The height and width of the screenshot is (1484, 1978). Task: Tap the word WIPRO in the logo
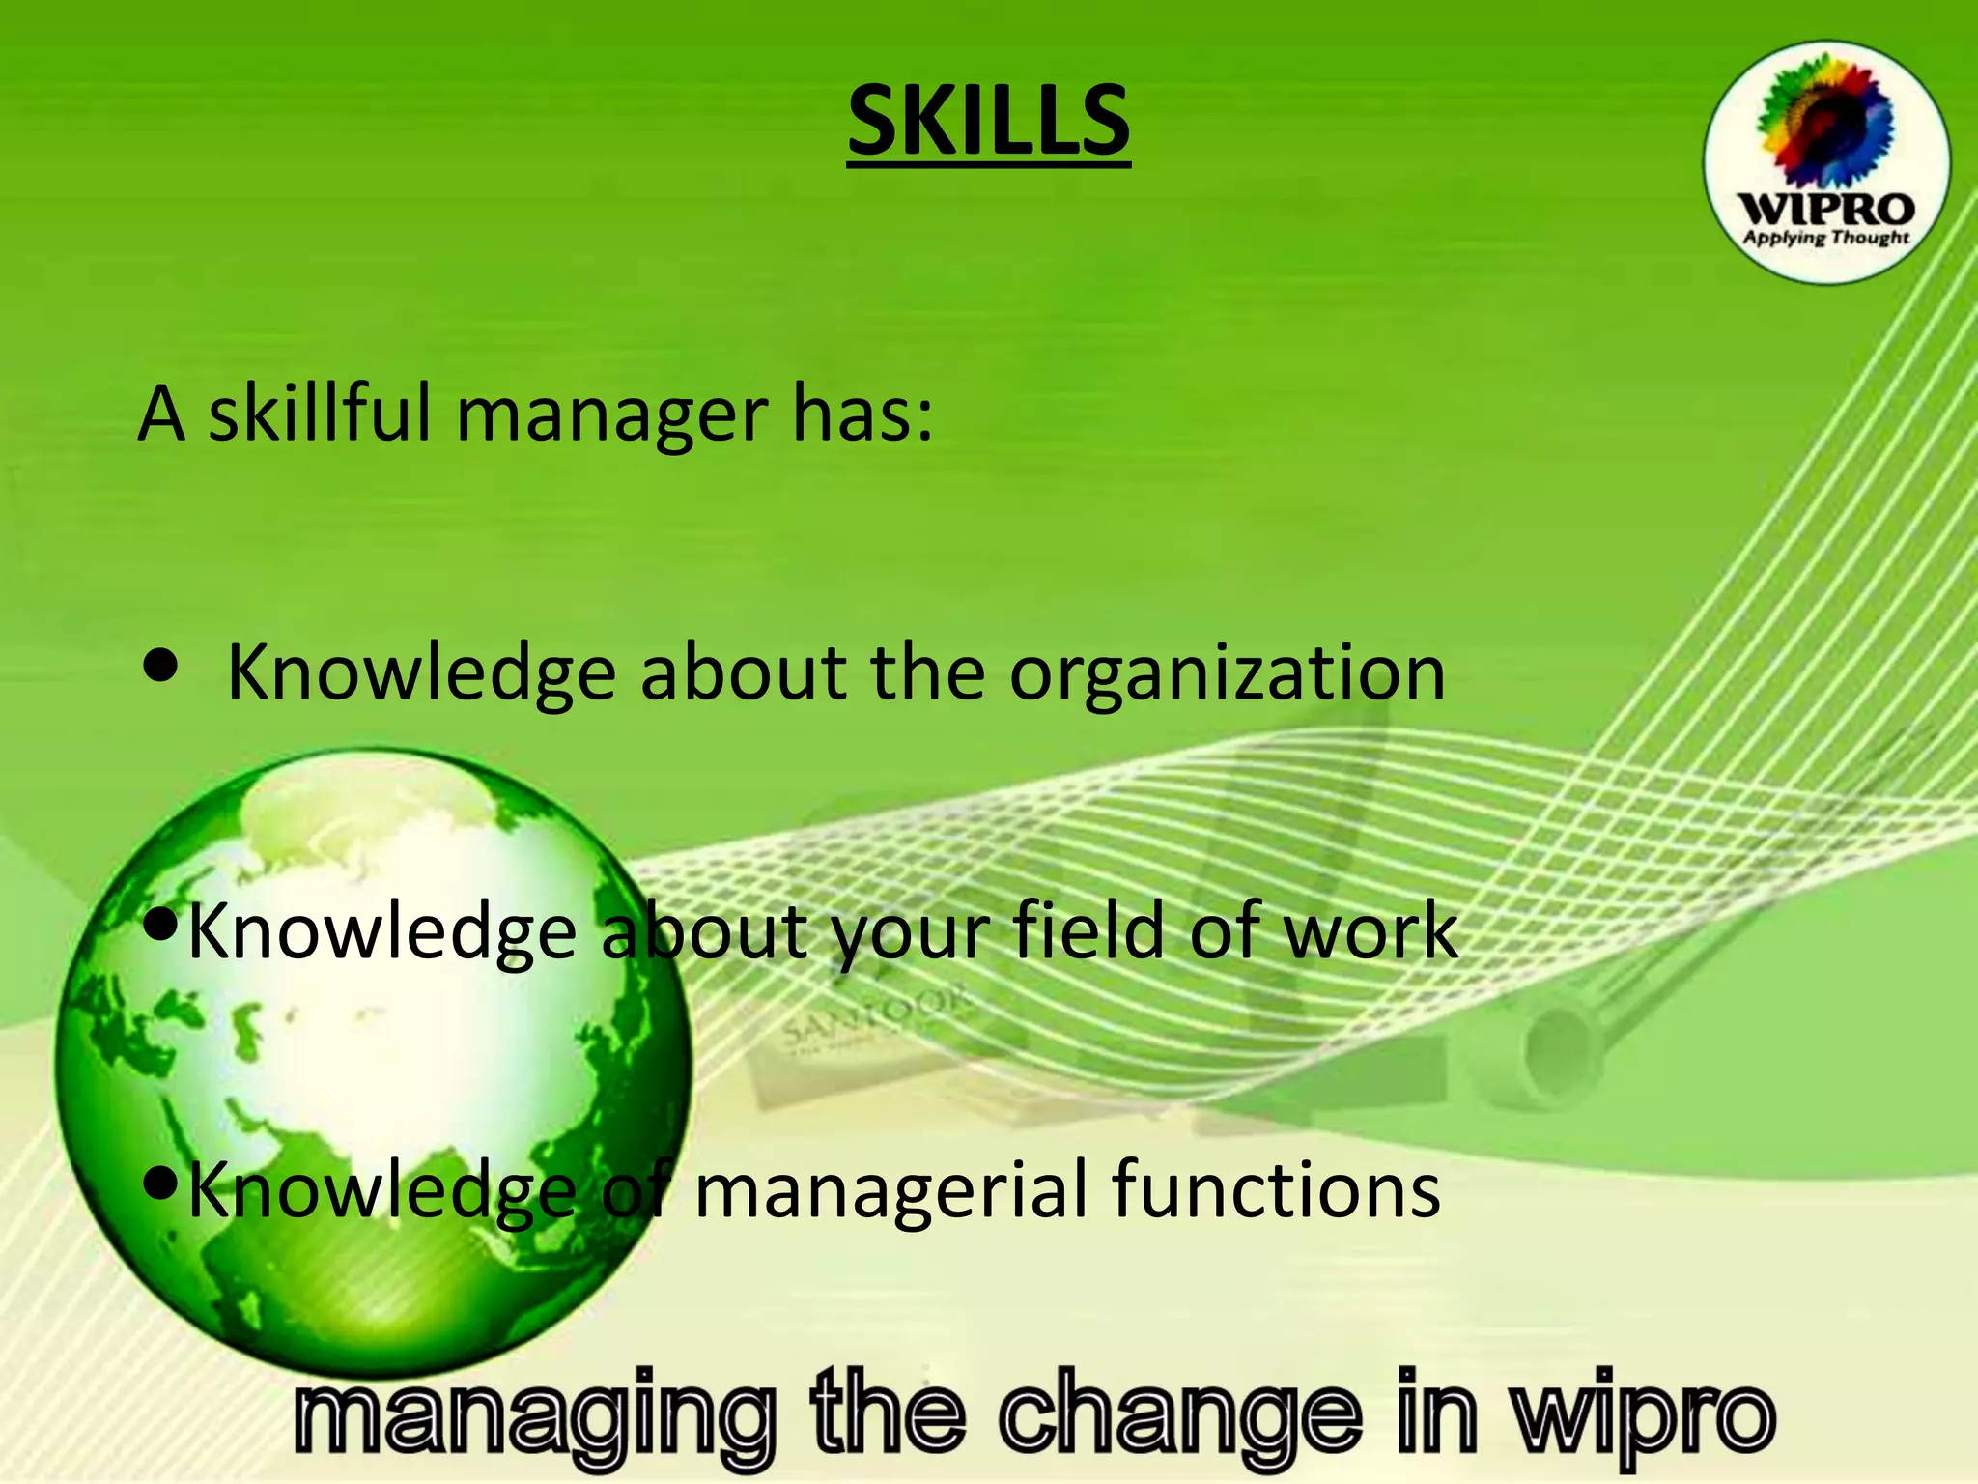point(1825,210)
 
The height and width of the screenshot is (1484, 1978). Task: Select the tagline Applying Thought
point(1825,238)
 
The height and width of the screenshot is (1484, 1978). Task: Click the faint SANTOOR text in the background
point(875,1018)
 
